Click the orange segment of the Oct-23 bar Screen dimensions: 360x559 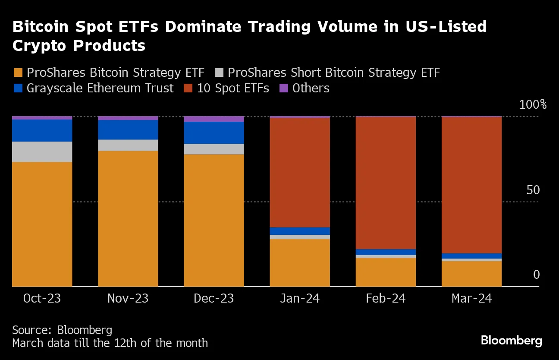point(42,224)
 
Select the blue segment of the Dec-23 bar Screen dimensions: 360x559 point(214,133)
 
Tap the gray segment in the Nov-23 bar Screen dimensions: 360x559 point(128,145)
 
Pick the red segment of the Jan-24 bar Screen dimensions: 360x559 point(299,172)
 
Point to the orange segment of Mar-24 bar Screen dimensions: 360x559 point(471,274)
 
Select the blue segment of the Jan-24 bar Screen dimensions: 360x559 point(299,231)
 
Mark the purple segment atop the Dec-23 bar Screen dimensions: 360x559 point(214,119)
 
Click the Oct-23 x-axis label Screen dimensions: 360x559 point(41,298)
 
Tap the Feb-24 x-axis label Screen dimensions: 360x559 point(385,298)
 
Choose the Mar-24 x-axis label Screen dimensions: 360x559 point(471,298)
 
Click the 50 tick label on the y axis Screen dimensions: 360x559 point(533,190)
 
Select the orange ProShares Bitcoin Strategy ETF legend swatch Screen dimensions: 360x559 point(18,73)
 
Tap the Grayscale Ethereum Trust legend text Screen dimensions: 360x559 point(100,88)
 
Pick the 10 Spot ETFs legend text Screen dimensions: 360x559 point(233,88)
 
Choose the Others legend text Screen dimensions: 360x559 point(311,88)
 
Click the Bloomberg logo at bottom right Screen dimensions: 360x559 point(511,341)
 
